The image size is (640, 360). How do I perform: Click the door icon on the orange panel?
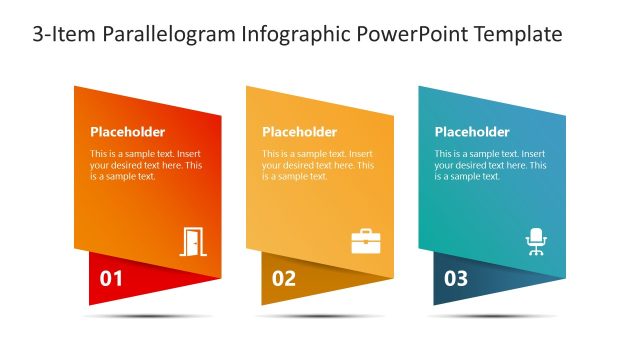click(193, 242)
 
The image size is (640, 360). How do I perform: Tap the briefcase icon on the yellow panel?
click(365, 242)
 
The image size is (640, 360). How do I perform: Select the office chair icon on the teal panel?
click(537, 242)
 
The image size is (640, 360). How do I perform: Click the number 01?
click(111, 279)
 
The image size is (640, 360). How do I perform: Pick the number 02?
click(284, 279)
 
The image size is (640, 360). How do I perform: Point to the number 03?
click(456, 279)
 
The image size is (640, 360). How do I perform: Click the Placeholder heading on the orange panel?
click(128, 132)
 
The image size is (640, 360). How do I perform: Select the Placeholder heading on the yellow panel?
click(300, 132)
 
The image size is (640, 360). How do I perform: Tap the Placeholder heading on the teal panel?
click(472, 132)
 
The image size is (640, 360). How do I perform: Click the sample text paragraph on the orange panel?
click(146, 165)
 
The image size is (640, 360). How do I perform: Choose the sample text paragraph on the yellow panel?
click(318, 165)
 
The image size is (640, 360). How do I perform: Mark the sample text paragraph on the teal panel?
click(490, 165)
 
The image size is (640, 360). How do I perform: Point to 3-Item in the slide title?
click(62, 35)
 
